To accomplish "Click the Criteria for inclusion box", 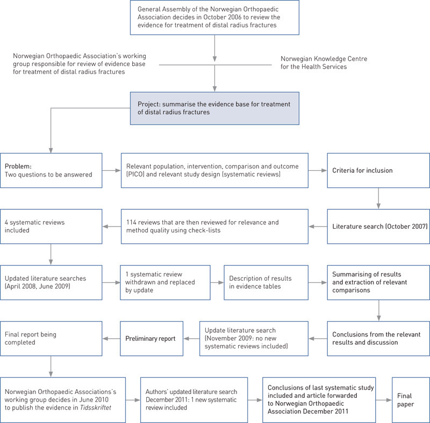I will [x=378, y=170].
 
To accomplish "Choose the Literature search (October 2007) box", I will [x=378, y=226].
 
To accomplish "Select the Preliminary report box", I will [x=151, y=338].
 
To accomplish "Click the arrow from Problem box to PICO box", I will [x=111, y=170].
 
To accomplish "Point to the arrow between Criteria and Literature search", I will [x=378, y=199].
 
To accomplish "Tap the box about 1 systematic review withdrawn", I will [x=164, y=282].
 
